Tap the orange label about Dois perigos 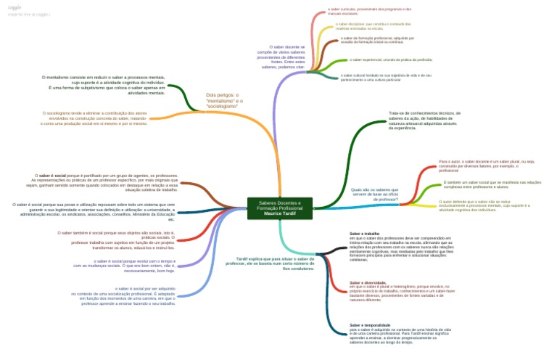pyautogui.click(x=224, y=100)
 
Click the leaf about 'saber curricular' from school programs pyautogui.click(x=369, y=12)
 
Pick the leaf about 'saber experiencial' pyautogui.click(x=380, y=60)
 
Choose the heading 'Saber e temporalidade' pyautogui.click(x=370, y=325)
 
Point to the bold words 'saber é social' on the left pyautogui.click(x=53, y=176)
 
